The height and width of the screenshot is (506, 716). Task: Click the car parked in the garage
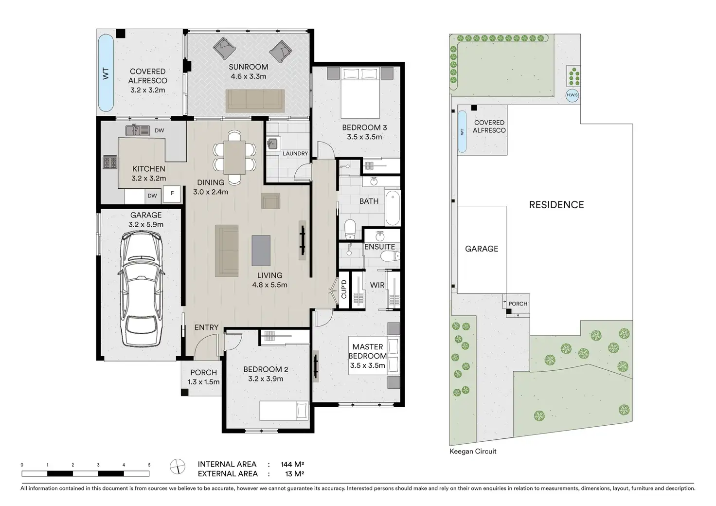142,289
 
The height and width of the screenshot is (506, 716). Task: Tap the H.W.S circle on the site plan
572,95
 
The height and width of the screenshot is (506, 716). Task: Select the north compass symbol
178,467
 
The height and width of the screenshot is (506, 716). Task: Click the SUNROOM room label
249,67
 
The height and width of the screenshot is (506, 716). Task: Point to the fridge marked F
172,193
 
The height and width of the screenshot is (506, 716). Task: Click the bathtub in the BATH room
393,208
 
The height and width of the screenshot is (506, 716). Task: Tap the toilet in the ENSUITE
390,256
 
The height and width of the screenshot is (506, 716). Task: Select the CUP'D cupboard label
344,289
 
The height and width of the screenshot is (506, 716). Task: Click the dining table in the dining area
234,157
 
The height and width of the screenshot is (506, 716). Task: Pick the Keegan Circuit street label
473,452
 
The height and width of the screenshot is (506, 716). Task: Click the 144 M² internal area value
292,464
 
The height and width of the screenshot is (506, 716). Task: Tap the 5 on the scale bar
149,465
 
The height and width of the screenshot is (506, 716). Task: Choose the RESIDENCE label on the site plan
556,205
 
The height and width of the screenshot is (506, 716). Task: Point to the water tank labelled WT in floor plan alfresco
106,72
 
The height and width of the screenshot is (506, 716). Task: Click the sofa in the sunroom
255,101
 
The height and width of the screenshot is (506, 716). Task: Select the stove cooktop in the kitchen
110,162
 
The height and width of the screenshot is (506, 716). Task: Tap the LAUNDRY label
295,153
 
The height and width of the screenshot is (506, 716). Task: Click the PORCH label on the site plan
518,304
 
